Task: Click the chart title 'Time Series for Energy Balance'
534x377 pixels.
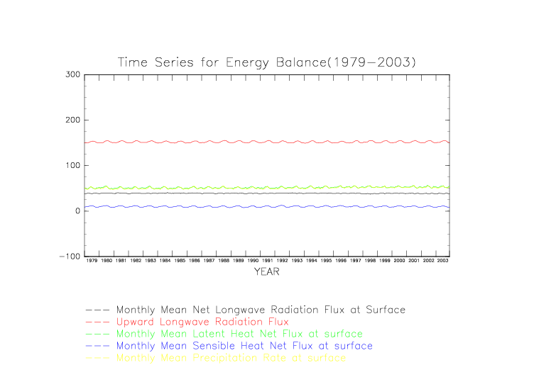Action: [266, 62]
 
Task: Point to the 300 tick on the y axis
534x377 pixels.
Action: [71, 74]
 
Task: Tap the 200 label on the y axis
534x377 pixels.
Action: [71, 120]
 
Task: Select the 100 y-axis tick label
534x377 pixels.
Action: [71, 165]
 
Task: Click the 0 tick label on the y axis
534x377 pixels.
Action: [76, 211]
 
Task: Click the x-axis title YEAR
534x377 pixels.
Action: [266, 271]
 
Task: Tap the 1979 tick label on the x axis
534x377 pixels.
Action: [92, 261]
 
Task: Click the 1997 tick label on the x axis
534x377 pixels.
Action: [356, 261]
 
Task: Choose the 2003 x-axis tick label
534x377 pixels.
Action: [443, 261]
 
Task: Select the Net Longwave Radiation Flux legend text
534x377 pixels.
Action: [261, 310]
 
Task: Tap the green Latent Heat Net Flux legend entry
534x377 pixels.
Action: [239, 334]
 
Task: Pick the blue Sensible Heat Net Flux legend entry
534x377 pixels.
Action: [244, 346]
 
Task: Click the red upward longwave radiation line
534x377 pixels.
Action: [266, 142]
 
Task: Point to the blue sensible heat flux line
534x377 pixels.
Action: [266, 207]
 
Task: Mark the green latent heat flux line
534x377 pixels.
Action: [266, 188]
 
